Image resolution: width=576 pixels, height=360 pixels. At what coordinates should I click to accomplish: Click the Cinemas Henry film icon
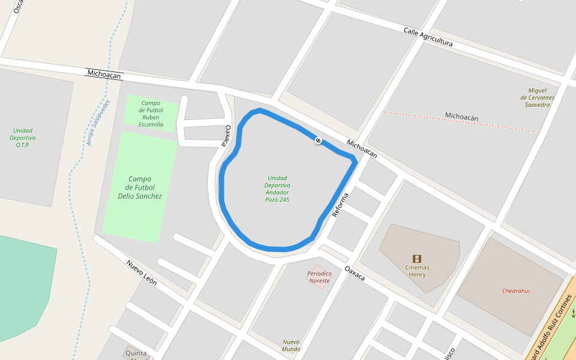416,259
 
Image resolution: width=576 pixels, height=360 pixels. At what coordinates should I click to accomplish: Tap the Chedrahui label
515,291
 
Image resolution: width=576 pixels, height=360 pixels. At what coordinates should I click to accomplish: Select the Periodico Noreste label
319,277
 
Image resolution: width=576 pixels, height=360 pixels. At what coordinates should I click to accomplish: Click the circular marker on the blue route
318,140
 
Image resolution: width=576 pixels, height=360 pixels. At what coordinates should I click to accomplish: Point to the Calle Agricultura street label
428,37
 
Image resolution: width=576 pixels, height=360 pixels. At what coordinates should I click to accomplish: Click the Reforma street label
339,205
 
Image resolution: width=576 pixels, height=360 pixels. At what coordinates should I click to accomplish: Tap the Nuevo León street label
142,272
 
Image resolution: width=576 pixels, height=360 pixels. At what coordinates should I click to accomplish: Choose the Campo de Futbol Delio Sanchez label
140,187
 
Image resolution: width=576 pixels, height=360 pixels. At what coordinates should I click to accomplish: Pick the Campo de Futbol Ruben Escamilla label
151,113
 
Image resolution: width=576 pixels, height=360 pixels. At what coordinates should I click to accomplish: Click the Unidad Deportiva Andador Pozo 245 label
277,188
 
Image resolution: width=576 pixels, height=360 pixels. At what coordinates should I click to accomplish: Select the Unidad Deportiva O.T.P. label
23,137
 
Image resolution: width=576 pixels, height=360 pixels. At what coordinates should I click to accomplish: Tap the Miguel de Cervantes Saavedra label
537,97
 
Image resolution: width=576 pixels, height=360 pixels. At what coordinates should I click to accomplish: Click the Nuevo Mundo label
291,346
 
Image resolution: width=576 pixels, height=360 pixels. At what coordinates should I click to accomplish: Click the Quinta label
136,353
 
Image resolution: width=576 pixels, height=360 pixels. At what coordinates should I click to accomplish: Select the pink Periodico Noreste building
319,277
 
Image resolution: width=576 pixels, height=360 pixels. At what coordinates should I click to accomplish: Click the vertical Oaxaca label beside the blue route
227,135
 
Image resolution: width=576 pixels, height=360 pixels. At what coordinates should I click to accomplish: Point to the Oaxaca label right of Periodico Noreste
355,273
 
